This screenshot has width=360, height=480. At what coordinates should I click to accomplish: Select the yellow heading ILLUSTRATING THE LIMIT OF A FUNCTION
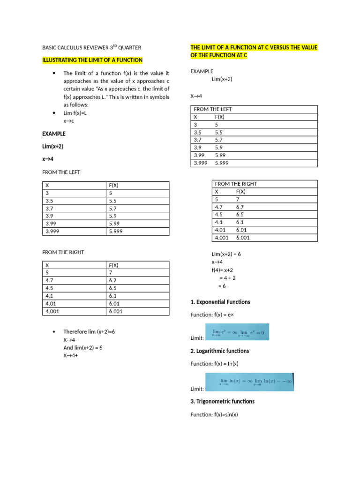pos(92,60)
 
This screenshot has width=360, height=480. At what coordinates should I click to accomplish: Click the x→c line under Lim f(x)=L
pos(69,121)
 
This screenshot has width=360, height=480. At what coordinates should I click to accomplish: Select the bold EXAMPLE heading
pos(54,134)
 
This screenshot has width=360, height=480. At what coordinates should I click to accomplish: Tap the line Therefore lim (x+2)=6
pos(89,331)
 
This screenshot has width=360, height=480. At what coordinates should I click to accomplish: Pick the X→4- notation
pos(70,339)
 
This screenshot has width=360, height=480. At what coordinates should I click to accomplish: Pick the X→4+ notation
pos(70,355)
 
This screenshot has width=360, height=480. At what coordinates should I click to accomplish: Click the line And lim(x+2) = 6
pos(82,347)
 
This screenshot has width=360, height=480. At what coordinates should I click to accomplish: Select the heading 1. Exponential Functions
pos(220,302)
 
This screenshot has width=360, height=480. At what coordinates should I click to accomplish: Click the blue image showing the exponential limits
pos(237,332)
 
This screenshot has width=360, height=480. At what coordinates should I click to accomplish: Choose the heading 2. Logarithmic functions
pos(220,351)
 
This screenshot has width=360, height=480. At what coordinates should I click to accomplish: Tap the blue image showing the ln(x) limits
pos(249,382)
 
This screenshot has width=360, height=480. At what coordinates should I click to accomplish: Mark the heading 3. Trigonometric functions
pos(222,401)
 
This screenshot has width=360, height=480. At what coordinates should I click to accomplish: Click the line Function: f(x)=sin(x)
pos(214,414)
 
